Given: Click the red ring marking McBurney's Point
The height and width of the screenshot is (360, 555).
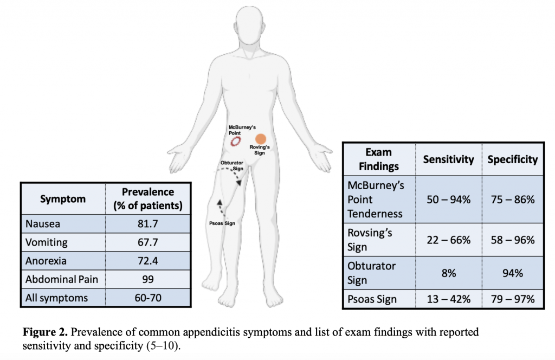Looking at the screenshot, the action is tap(231, 142).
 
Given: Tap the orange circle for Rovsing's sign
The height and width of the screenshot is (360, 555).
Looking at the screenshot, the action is tap(261, 139).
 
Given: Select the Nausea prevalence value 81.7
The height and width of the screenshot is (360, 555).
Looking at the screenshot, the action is tap(148, 224).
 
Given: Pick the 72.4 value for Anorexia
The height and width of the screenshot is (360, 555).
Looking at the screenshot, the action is tap(148, 261).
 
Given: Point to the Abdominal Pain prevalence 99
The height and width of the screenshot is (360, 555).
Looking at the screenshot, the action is tap(148, 279).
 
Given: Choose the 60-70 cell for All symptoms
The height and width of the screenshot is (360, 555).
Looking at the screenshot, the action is tap(148, 298).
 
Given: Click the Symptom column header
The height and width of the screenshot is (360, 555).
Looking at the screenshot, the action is tap(63, 199).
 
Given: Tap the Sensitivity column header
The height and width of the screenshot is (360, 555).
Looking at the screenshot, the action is tap(448, 159).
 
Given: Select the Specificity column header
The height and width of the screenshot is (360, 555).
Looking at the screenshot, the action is tap(513, 159).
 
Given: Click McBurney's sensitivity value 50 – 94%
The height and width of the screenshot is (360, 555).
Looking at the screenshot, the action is tap(448, 200).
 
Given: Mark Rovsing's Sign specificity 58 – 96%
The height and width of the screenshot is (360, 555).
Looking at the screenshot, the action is tap(513, 240).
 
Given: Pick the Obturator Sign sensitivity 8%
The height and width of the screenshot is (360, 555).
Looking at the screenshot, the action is tap(448, 273).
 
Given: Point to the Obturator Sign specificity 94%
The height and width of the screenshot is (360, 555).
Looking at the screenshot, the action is tap(513, 273).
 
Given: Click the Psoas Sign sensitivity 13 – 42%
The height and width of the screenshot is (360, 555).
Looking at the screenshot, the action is tap(448, 299).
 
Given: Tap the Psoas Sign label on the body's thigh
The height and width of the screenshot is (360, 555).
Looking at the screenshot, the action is tap(222, 223).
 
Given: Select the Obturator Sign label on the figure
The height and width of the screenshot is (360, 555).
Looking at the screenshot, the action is tap(232, 166).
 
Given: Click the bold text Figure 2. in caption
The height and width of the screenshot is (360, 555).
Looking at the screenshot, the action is tap(45, 332).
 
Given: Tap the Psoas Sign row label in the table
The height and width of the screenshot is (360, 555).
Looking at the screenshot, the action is tap(372, 299).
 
